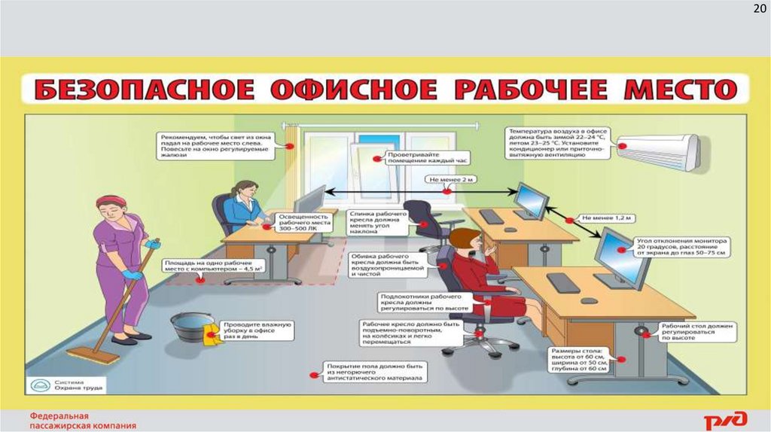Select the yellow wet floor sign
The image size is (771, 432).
tap(212, 334)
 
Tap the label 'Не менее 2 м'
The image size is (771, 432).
tap(450, 181)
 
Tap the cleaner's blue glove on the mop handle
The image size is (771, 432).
tap(153, 244)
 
